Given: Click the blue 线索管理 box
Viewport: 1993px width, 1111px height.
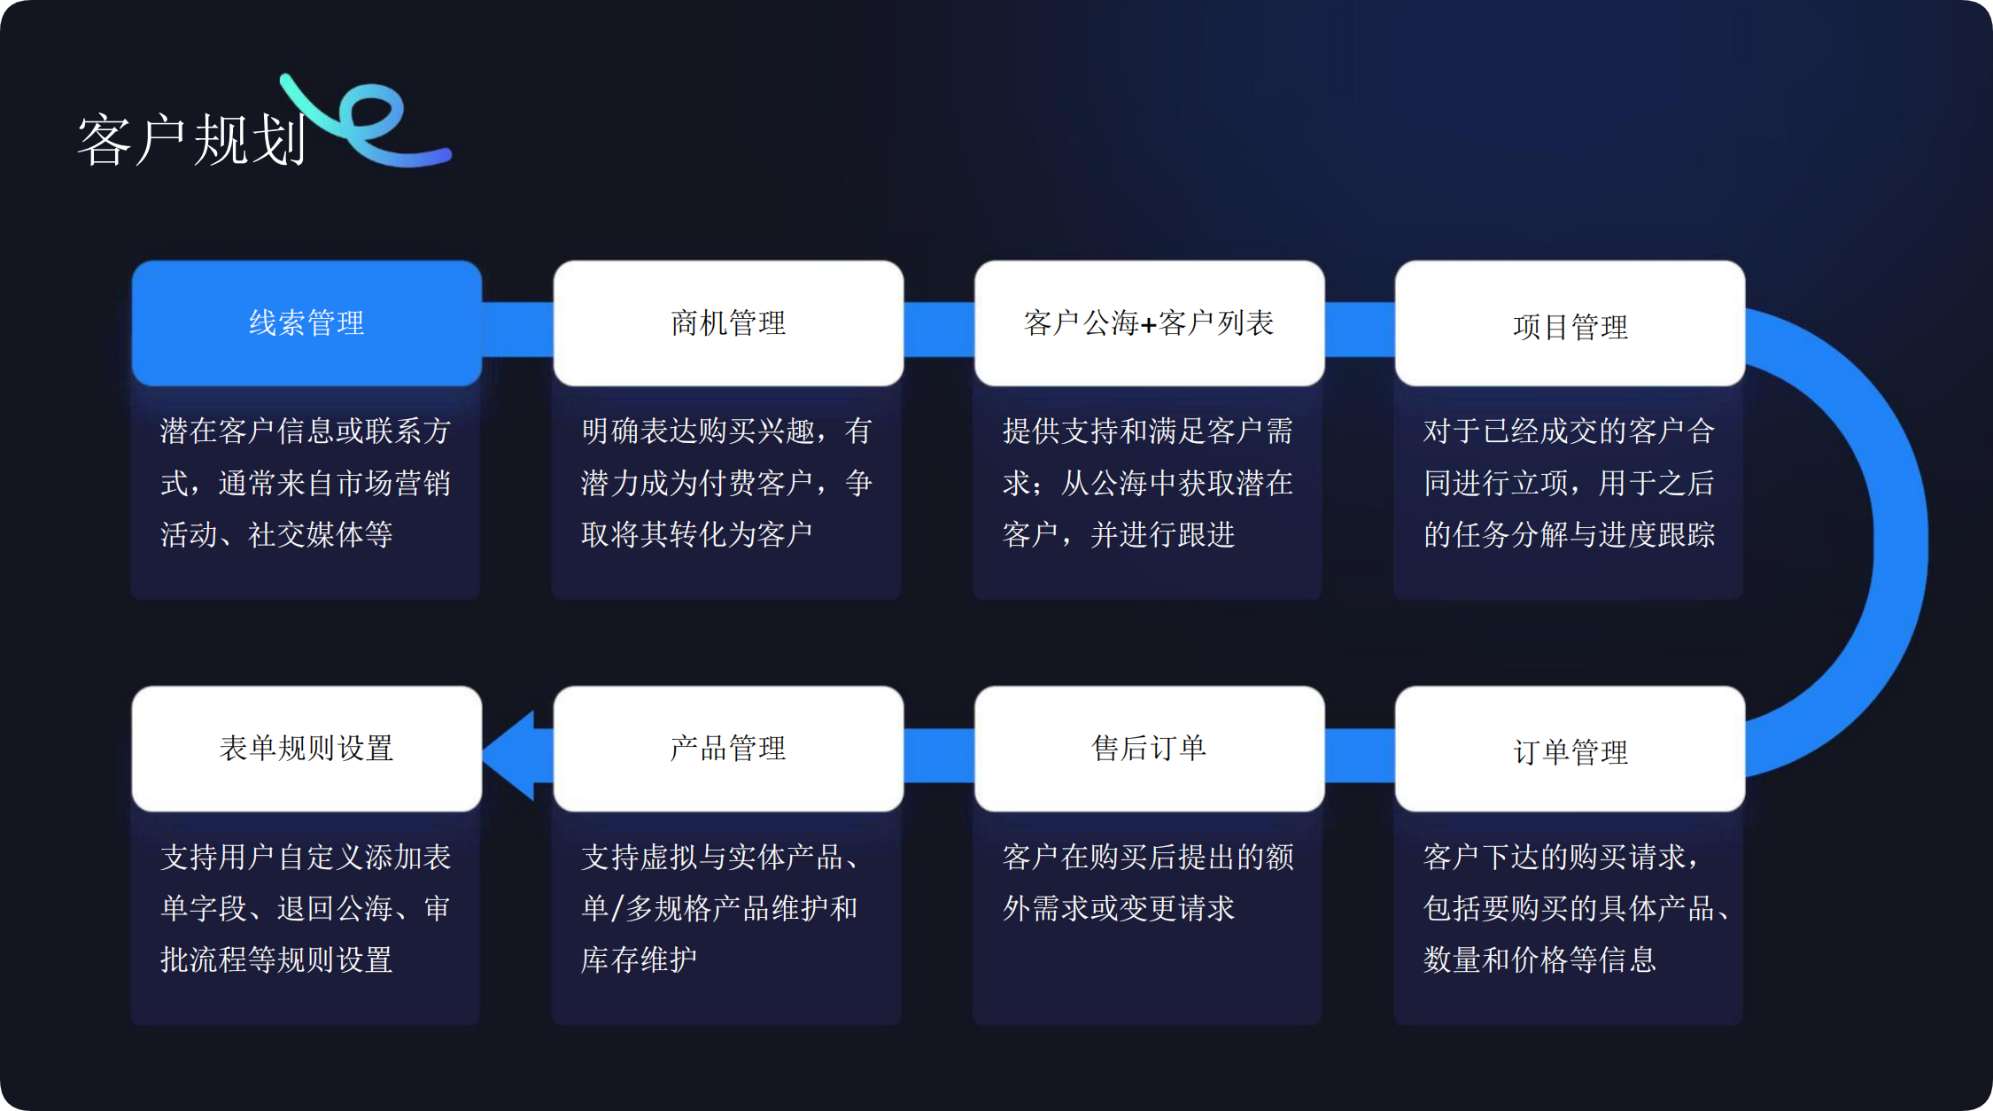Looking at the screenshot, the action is (306, 322).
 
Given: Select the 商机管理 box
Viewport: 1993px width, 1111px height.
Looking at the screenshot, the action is (728, 322).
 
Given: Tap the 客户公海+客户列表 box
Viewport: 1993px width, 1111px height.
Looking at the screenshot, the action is (1149, 322).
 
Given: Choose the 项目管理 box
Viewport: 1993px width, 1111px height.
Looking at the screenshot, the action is (1570, 324).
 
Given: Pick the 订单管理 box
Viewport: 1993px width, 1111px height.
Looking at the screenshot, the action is (1570, 750).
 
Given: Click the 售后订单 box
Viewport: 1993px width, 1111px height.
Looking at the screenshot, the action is (1149, 749).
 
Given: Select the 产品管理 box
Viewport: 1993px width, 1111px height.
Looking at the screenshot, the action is (728, 749).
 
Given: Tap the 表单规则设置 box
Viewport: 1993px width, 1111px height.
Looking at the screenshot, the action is (306, 749).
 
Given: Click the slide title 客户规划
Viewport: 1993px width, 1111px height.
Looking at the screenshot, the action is (191, 140).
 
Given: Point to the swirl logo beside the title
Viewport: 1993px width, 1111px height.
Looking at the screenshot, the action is (372, 124).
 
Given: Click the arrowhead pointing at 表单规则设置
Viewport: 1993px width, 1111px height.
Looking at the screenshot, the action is (512, 755).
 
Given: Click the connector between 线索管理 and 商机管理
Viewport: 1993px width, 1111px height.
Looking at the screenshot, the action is (517, 329).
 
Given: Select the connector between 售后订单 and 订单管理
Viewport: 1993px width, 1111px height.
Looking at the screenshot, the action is (1360, 755).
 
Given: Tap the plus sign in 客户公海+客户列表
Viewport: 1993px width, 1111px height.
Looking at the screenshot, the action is (1149, 325).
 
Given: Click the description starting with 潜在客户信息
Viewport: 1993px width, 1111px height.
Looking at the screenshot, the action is (306, 483).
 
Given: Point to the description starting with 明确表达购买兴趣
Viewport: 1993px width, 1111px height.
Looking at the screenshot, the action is (726, 483).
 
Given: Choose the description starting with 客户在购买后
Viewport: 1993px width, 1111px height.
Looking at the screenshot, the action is (1148, 882).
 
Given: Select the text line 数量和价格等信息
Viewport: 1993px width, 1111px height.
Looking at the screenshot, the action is (1539, 959).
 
